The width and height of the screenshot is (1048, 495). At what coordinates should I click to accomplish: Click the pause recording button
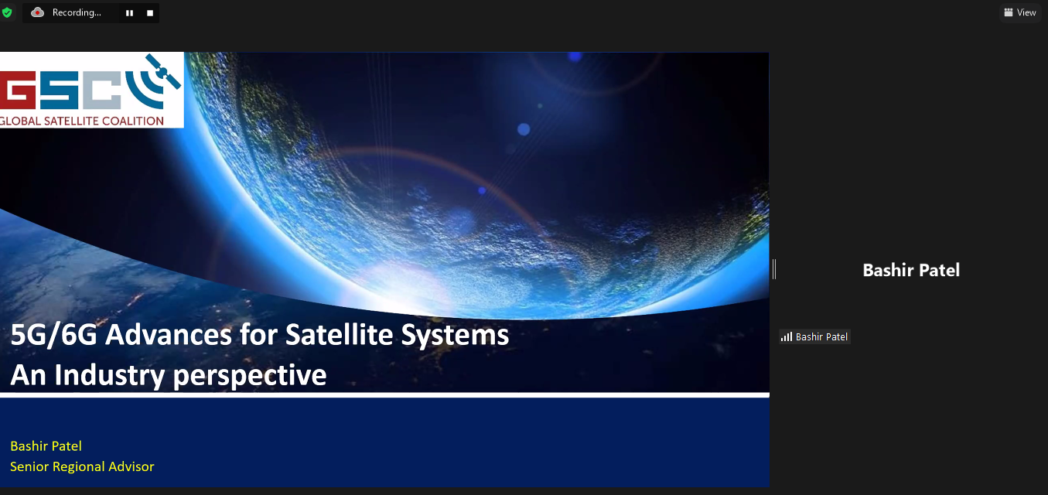pos(130,13)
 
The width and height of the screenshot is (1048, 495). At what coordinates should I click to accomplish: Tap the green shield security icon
pos(6,12)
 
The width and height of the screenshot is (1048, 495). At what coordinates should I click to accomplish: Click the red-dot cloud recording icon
pos(37,12)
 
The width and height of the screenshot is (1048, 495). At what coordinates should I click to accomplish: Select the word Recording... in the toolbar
pos(77,12)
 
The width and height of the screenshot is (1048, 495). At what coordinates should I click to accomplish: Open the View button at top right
pos(1020,12)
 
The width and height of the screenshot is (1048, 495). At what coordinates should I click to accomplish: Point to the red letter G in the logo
pos(18,90)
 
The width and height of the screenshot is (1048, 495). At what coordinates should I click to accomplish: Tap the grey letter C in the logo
pos(102,90)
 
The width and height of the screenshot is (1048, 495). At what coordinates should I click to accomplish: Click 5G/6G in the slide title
pos(54,335)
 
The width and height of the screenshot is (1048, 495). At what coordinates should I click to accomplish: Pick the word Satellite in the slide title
pos(339,335)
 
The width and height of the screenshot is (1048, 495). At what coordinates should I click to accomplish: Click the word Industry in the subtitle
pos(110,376)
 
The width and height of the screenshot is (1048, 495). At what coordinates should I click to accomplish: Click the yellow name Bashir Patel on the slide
pos(46,445)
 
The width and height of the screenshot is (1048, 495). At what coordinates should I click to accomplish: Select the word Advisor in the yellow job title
pos(131,466)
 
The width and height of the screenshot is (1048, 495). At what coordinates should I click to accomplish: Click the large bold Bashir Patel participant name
pos(911,270)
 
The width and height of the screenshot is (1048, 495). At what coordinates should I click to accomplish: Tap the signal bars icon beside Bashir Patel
pos(787,337)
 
